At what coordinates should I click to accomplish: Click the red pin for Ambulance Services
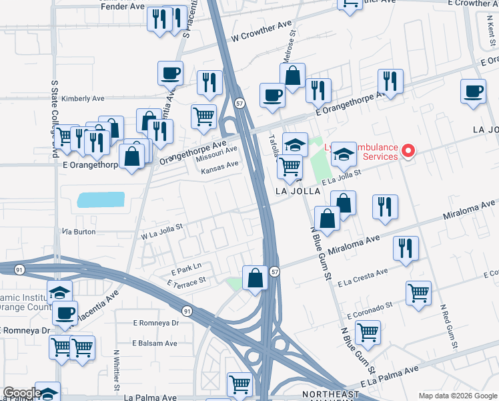[408, 151]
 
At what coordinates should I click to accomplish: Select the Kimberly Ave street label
[83, 98]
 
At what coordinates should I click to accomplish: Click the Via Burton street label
[79, 231]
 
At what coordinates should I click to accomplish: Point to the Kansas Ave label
[219, 167]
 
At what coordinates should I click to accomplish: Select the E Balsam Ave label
[155, 343]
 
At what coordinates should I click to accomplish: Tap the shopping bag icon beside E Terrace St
[255, 277]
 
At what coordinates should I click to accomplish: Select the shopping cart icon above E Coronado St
[418, 292]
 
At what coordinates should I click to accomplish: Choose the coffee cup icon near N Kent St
[474, 92]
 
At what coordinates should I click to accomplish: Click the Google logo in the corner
[21, 393]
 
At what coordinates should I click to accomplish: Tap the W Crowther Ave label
[262, 31]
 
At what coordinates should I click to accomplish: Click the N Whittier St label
[117, 371]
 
